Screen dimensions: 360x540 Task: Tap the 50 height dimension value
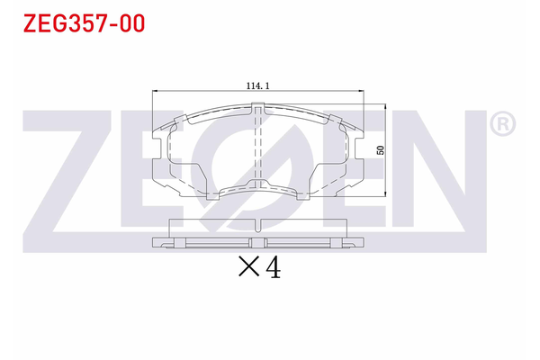pyautogui.click(x=381, y=150)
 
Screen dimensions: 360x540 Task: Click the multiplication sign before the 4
pyautogui.click(x=247, y=267)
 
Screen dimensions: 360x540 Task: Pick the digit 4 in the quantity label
pyautogui.click(x=273, y=267)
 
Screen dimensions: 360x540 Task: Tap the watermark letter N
pyautogui.click(x=432, y=171)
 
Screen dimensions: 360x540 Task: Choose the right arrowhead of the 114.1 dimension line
pyautogui.click(x=359, y=92)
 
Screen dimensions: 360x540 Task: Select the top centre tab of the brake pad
pyautogui.click(x=259, y=110)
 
